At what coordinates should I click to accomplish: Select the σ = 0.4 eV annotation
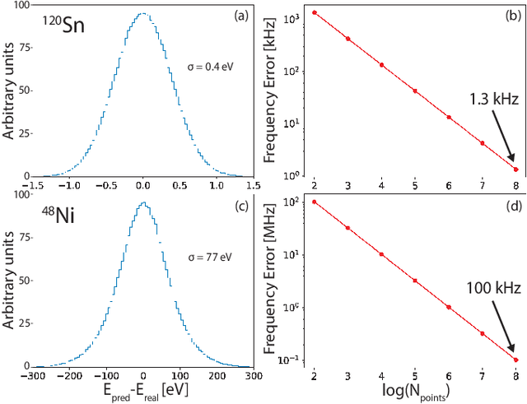pyautogui.click(x=212, y=65)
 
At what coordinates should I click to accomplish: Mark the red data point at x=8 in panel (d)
pyautogui.click(x=515, y=360)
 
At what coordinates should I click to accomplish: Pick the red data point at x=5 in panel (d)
pyautogui.click(x=415, y=281)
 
